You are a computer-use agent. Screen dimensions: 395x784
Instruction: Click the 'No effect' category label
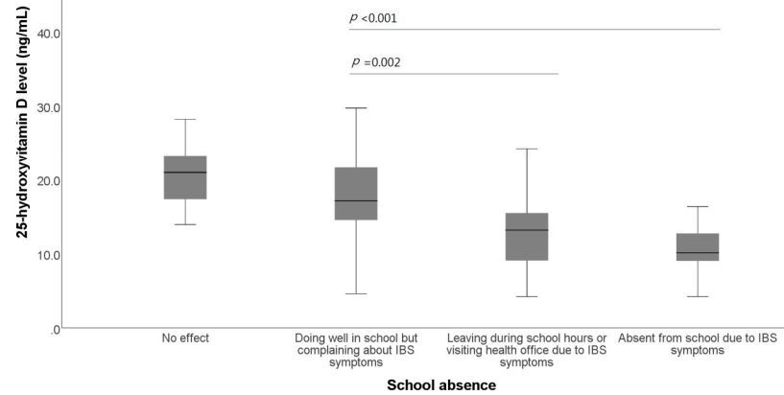click(185, 338)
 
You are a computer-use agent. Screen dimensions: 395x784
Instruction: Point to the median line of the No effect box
click(185, 173)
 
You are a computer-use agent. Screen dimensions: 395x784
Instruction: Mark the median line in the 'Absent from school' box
click(698, 253)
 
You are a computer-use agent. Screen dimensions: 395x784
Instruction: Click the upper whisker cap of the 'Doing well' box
click(356, 108)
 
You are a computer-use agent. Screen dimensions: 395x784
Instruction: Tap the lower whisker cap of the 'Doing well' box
click(356, 293)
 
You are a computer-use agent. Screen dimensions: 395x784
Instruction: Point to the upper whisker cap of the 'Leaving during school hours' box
click(527, 149)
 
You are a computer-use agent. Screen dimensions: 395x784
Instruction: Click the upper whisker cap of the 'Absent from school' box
click(698, 206)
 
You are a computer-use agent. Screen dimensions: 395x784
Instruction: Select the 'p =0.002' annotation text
click(376, 62)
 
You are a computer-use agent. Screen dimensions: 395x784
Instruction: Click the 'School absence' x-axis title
click(441, 384)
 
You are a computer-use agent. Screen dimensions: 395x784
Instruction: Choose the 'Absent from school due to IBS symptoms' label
click(698, 344)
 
